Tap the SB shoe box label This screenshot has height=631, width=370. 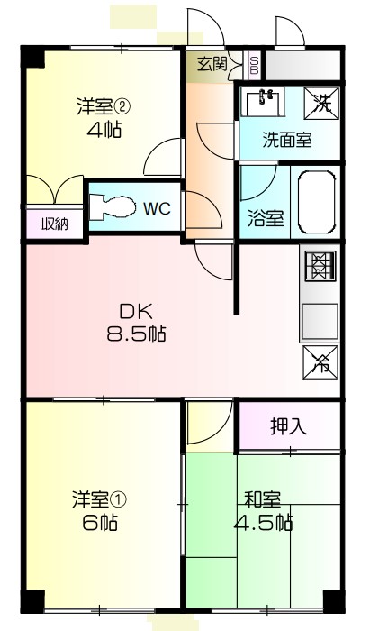[254, 65]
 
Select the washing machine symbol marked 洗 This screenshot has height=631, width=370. [321, 103]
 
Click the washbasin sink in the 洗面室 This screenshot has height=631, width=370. [263, 102]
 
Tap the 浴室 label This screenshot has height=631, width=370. [266, 218]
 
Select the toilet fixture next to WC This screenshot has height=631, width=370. [113, 206]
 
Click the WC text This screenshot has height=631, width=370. [158, 208]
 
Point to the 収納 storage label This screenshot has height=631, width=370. [41, 223]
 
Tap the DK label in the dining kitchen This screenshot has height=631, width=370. [136, 312]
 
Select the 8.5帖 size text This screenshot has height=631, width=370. [136, 333]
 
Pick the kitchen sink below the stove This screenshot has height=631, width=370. [319, 318]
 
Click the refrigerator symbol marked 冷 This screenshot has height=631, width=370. [320, 361]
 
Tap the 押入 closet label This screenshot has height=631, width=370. [288, 426]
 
